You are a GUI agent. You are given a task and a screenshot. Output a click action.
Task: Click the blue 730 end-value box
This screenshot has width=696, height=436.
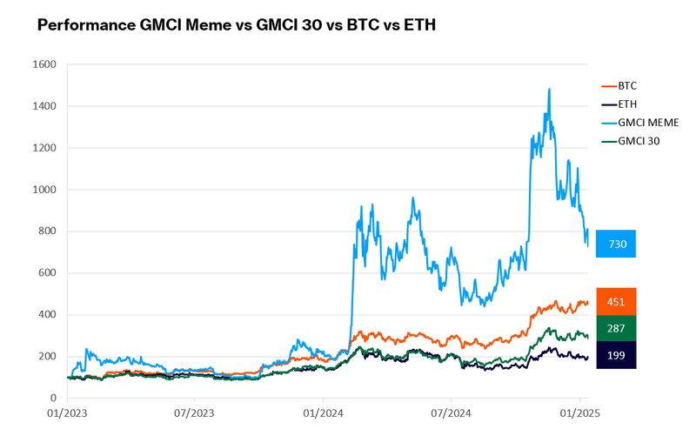[x=617, y=244]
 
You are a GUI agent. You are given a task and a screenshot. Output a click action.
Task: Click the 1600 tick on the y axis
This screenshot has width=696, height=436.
[x=43, y=64]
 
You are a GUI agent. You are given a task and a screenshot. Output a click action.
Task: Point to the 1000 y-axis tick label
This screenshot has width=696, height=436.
[x=43, y=190]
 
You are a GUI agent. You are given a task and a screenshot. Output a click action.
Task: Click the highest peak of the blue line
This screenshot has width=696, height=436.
[x=549, y=89]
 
